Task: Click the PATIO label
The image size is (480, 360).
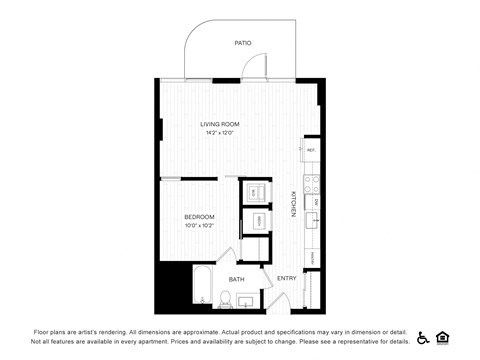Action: pos(242,43)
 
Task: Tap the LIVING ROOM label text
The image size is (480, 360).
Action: pos(220,124)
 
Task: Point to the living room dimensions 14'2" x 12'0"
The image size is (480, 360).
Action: pos(220,133)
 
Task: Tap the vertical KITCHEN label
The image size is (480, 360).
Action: pos(293,204)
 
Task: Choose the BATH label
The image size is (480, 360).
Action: pos(237,279)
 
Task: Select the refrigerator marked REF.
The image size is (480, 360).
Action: pos(311,151)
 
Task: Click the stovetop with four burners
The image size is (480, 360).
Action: pos(311,183)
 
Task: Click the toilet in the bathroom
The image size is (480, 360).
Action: pos(228,298)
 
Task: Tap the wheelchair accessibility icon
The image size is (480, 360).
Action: pos(423,337)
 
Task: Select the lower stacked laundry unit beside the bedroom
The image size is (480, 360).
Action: pos(257,220)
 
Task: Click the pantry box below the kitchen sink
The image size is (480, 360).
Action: pos(311,257)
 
